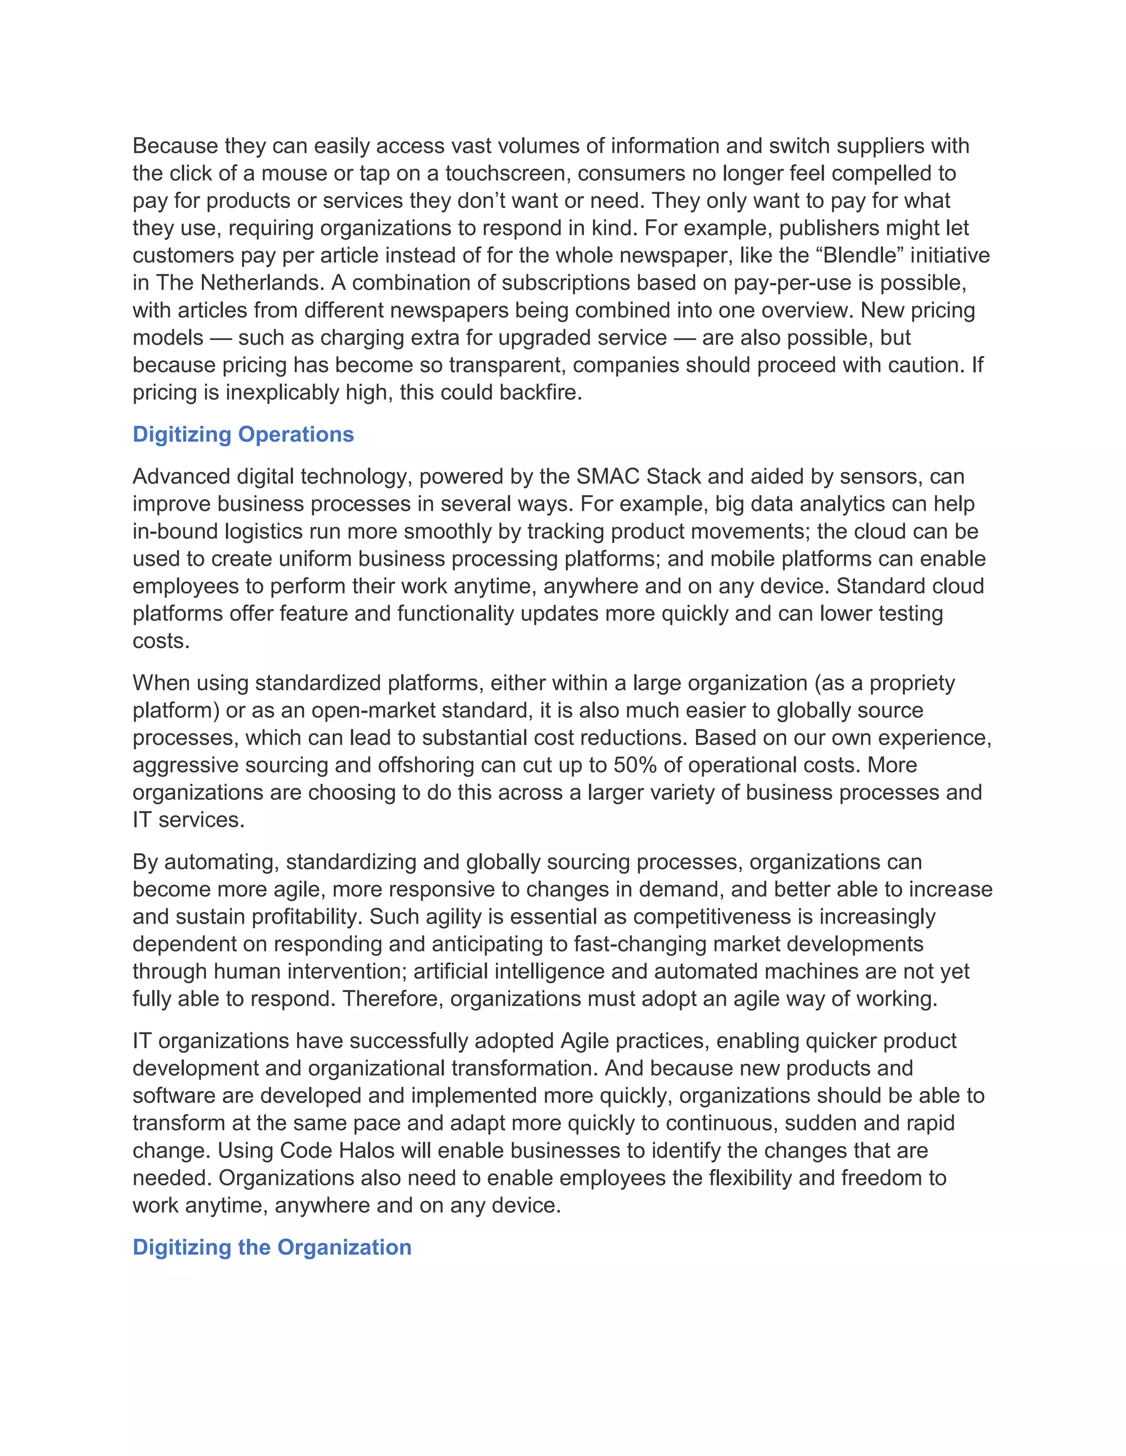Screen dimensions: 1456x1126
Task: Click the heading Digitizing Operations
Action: (x=243, y=434)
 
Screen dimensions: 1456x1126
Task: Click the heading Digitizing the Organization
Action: (x=272, y=1247)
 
